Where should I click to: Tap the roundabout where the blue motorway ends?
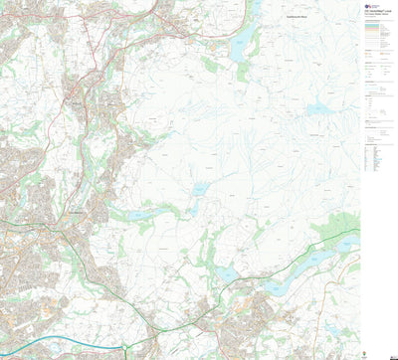pyautogui.click(x=126, y=346)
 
